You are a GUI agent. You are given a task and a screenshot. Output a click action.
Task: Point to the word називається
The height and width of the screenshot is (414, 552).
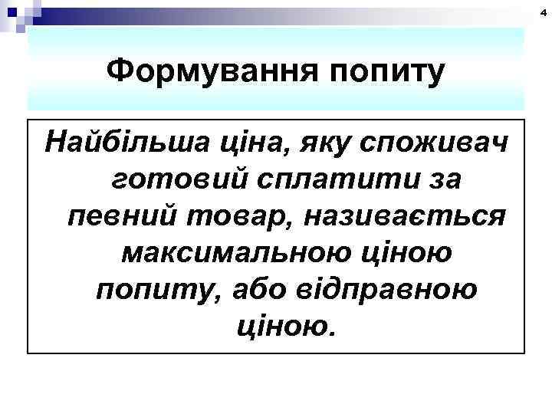[405, 215]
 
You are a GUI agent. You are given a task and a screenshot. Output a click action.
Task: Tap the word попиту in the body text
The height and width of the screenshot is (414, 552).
[145, 289]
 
